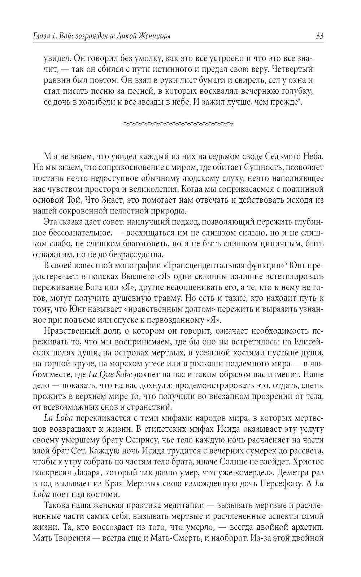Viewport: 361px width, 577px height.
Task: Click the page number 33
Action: (319, 36)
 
